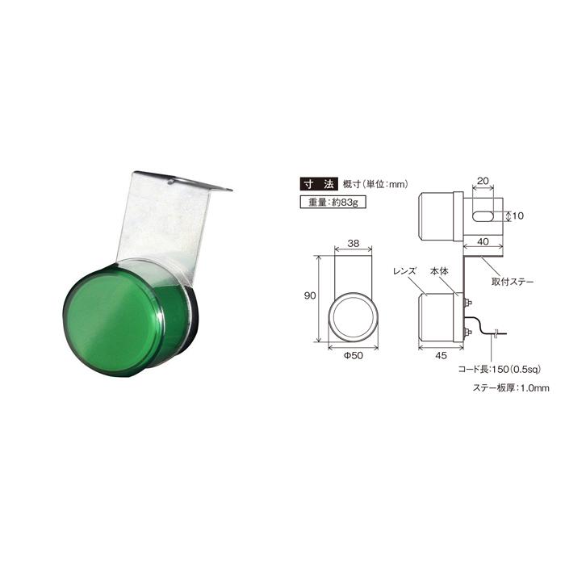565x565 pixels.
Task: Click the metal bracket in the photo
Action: tap(165, 218)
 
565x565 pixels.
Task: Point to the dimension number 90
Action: tap(309, 296)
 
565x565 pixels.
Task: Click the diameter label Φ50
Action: tap(352, 356)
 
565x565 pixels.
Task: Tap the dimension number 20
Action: tap(483, 182)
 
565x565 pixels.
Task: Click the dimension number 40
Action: tap(482, 241)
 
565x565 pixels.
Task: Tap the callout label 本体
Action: tap(439, 270)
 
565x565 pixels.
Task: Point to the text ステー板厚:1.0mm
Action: tap(510, 389)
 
